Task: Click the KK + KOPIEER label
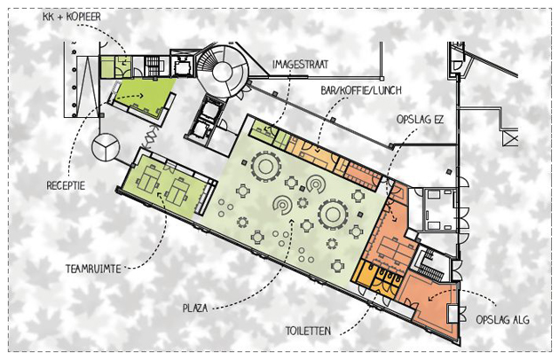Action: [72, 16]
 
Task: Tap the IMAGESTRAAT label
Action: [300, 65]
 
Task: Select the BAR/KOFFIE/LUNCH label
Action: [361, 90]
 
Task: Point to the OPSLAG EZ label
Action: [420, 120]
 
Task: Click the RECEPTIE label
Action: [66, 185]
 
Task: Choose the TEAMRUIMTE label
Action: [93, 269]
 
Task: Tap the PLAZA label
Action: [195, 308]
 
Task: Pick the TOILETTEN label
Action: [308, 331]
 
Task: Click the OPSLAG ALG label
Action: [503, 320]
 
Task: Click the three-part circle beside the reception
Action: [106, 147]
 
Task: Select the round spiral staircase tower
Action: [223, 71]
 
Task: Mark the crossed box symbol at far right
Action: [510, 137]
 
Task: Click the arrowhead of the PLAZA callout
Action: [292, 222]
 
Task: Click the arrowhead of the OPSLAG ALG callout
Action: [431, 298]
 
